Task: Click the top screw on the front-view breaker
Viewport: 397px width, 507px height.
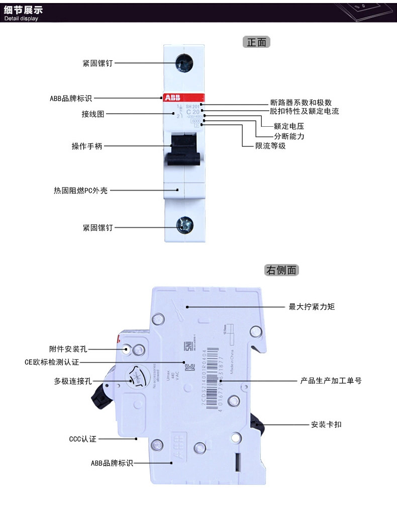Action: [183, 63]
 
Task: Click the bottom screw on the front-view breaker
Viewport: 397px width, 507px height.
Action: [183, 225]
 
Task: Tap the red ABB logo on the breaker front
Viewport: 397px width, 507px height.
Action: [171, 98]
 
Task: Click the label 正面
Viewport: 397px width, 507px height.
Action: [257, 42]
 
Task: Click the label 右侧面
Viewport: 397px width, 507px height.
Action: [281, 270]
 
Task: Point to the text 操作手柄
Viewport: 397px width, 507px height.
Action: [87, 146]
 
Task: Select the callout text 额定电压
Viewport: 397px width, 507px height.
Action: [288, 126]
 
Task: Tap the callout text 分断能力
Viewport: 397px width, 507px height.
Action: [288, 136]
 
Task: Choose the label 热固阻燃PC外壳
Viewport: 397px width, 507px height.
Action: [80, 191]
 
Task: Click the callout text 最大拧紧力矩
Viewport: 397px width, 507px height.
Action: [312, 306]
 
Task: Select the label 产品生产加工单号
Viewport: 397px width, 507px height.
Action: [331, 381]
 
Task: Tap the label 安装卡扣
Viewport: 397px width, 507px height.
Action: [327, 425]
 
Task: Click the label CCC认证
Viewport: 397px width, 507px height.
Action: [82, 439]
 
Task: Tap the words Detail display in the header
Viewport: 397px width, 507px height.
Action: [21, 19]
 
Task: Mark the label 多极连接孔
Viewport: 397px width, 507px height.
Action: [73, 381]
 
